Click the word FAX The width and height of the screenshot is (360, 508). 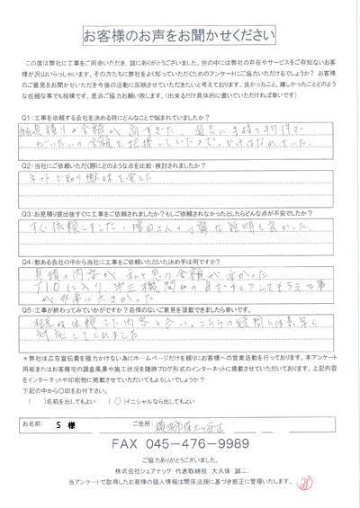128,443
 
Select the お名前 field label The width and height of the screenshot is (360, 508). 35,421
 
